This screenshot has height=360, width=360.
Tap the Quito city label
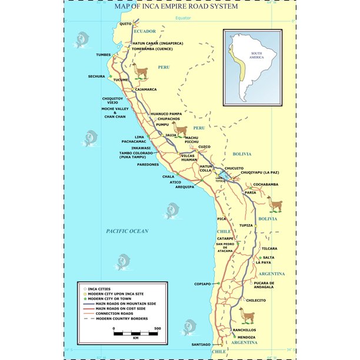pos(125,24)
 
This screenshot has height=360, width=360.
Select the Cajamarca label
pos(146,89)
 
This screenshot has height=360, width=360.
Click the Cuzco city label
pos(204,146)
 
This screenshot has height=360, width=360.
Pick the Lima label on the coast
pos(139,137)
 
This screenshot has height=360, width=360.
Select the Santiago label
pos(201,344)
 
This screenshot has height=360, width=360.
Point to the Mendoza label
pos(246,337)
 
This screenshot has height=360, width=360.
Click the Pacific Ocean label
pos(127,231)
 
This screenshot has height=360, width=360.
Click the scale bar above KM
pos(135,333)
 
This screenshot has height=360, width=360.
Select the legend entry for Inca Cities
pos(99,289)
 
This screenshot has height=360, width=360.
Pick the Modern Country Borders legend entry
pos(121,318)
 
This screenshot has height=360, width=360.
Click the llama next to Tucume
pos(140,72)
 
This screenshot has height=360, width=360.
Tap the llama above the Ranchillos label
pos(246,316)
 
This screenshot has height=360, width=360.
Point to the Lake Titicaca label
pos(220,179)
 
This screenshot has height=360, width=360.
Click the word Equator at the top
pos(184,18)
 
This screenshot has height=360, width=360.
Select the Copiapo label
pos(202,284)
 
